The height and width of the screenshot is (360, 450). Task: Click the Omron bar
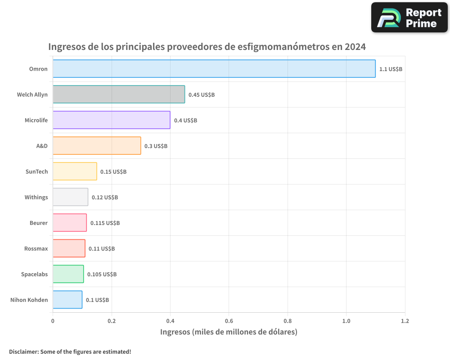pyautogui.click(x=214, y=69)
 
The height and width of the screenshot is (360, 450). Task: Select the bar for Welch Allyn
pyautogui.click(x=119, y=94)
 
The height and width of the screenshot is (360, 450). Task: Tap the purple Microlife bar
pyautogui.click(x=111, y=120)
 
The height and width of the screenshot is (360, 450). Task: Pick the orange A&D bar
pyautogui.click(x=97, y=146)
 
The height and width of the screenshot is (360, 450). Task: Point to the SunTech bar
pyautogui.click(x=75, y=171)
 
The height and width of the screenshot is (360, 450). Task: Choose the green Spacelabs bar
pyautogui.click(x=68, y=274)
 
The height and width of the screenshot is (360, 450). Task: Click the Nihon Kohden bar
pyautogui.click(x=67, y=300)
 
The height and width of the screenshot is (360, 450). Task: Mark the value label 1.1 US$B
pyautogui.click(x=391, y=69)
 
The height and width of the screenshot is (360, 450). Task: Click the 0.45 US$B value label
pyautogui.click(x=202, y=95)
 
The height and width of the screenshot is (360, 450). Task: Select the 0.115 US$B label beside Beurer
pyautogui.click(x=105, y=223)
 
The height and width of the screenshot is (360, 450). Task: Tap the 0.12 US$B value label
pyautogui.click(x=105, y=198)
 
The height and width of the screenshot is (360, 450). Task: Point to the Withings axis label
pyautogui.click(x=36, y=197)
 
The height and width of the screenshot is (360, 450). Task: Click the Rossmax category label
pyautogui.click(x=36, y=248)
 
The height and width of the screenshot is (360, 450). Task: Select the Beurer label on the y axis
pyautogui.click(x=38, y=223)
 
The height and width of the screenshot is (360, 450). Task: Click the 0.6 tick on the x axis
pyautogui.click(x=229, y=321)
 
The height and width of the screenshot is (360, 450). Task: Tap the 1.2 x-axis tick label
pyautogui.click(x=405, y=321)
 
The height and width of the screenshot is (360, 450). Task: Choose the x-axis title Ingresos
pyautogui.click(x=175, y=332)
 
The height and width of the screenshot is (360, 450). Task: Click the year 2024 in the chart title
pyautogui.click(x=355, y=47)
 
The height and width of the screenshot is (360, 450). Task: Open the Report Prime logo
pyautogui.click(x=409, y=18)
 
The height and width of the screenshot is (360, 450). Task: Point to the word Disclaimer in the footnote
pyautogui.click(x=23, y=351)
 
